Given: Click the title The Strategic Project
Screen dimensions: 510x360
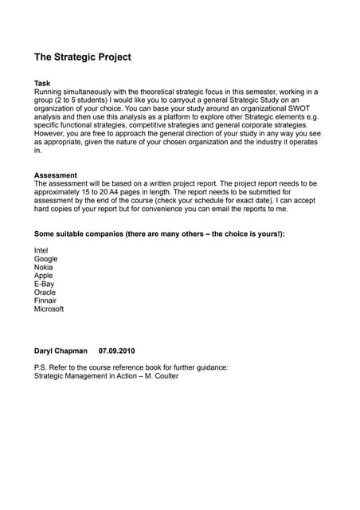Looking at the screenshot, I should click(x=82, y=57).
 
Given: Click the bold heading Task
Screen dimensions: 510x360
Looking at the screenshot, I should click(x=42, y=83).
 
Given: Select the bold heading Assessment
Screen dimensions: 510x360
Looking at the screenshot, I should click(x=56, y=175).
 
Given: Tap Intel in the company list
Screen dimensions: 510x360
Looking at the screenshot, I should click(x=41, y=250).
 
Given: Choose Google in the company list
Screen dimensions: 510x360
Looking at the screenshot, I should click(x=46, y=259).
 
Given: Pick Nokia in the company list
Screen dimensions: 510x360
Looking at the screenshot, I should click(x=45, y=267).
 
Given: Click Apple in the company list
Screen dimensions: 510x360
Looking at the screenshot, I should click(x=44, y=276).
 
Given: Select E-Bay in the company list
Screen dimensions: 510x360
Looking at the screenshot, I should click(x=45, y=284).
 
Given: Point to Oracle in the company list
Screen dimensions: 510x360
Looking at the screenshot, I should click(x=45, y=292).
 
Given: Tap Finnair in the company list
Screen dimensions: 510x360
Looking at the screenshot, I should click(x=46, y=300).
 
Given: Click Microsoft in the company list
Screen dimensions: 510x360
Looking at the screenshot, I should click(x=49, y=309).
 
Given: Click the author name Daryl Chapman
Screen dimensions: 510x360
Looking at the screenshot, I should click(x=61, y=351).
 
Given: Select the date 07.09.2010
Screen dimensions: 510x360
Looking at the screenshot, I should click(x=117, y=351).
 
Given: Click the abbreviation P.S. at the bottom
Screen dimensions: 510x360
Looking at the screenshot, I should click(x=41, y=367).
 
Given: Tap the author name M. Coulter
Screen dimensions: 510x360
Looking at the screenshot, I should click(x=160, y=376).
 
